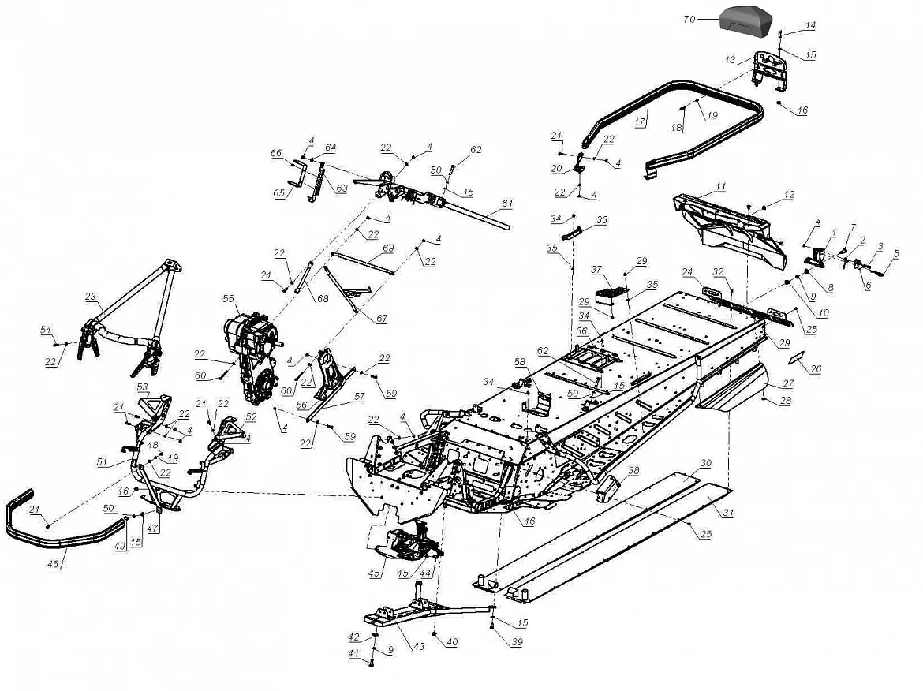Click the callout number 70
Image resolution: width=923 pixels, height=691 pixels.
[x=689, y=19]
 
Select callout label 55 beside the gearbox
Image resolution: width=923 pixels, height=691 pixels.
[x=229, y=299]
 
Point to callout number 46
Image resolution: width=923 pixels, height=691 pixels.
[x=54, y=565]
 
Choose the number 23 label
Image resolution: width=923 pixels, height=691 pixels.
[x=92, y=297]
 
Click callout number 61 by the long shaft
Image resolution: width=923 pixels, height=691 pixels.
[x=507, y=204]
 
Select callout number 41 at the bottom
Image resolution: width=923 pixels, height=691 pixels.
[x=353, y=653]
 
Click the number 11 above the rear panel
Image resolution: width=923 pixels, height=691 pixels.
[x=720, y=186]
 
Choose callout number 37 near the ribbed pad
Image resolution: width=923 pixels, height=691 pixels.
[x=597, y=269]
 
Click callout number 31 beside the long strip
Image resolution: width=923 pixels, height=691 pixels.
[x=728, y=513]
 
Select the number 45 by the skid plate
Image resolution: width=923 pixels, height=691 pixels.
[x=375, y=573]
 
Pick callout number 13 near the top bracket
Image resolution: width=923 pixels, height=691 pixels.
[x=730, y=60]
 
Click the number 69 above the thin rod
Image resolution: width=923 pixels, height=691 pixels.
[x=388, y=248]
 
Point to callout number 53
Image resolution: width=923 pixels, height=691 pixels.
[x=143, y=387]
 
